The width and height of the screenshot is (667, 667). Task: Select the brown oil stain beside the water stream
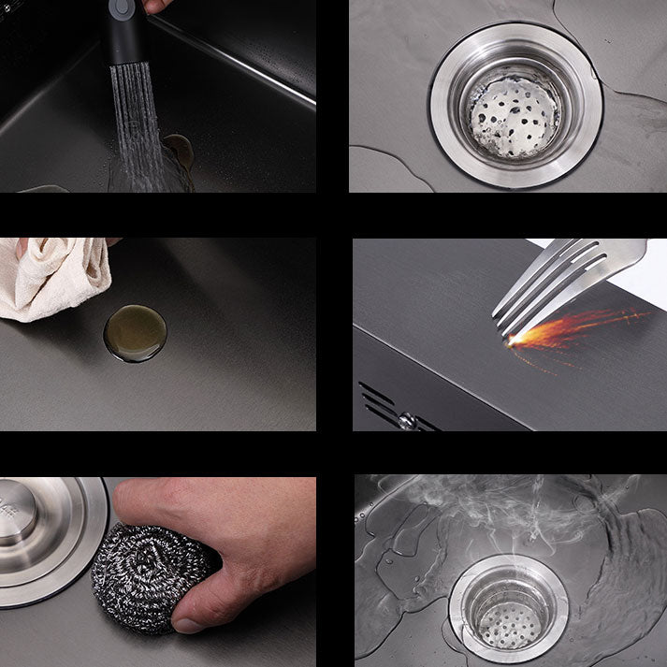178,150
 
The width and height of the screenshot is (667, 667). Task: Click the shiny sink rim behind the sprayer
243,65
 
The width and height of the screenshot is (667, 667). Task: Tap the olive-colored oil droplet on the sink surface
135,333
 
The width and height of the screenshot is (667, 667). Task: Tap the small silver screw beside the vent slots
407,421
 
